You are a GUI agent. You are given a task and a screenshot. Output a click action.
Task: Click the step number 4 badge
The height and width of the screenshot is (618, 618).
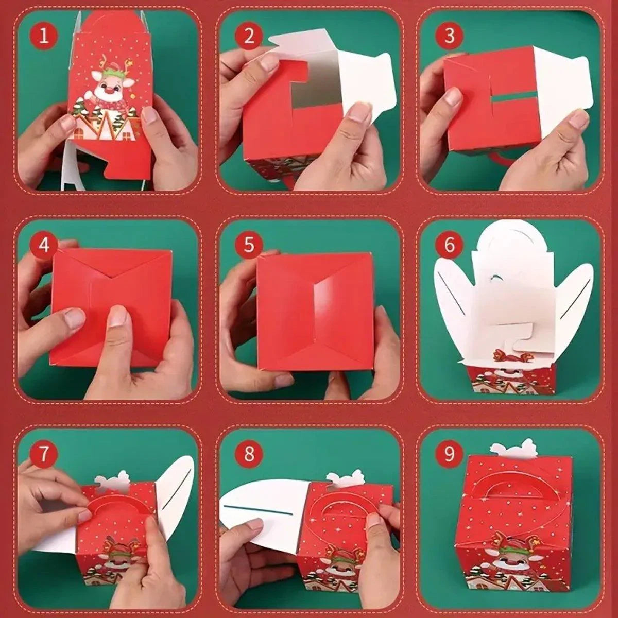click(x=44, y=245)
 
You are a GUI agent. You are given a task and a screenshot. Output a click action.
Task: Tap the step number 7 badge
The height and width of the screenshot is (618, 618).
click(x=44, y=454)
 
